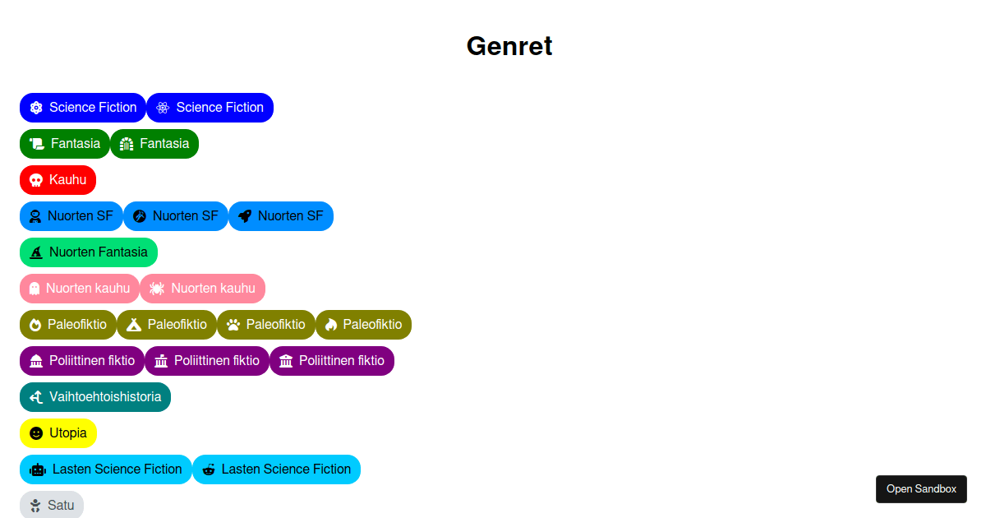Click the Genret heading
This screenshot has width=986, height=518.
coord(509,46)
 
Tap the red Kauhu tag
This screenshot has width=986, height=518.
coord(58,180)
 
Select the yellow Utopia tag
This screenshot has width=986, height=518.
coord(58,433)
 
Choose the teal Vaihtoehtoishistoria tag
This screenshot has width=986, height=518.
coord(95,397)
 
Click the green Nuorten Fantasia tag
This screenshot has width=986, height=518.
coord(89,252)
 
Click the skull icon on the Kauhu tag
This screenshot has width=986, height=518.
coord(36,180)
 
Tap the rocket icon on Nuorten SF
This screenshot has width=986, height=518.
coord(245,216)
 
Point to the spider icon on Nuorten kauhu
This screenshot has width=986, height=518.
coord(157,289)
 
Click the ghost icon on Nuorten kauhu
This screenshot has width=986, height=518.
coord(35,289)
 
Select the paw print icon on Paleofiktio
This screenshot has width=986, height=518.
coord(233,325)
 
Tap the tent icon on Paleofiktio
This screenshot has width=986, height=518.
coord(135,325)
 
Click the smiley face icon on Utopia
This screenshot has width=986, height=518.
coord(36,433)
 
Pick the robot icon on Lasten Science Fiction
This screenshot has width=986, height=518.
coord(38,469)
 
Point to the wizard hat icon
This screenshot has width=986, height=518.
coord(36,252)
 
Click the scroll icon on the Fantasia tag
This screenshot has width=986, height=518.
coord(37,144)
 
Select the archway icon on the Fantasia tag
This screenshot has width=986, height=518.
coord(127,144)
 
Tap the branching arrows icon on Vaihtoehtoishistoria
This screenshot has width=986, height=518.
coord(36,397)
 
